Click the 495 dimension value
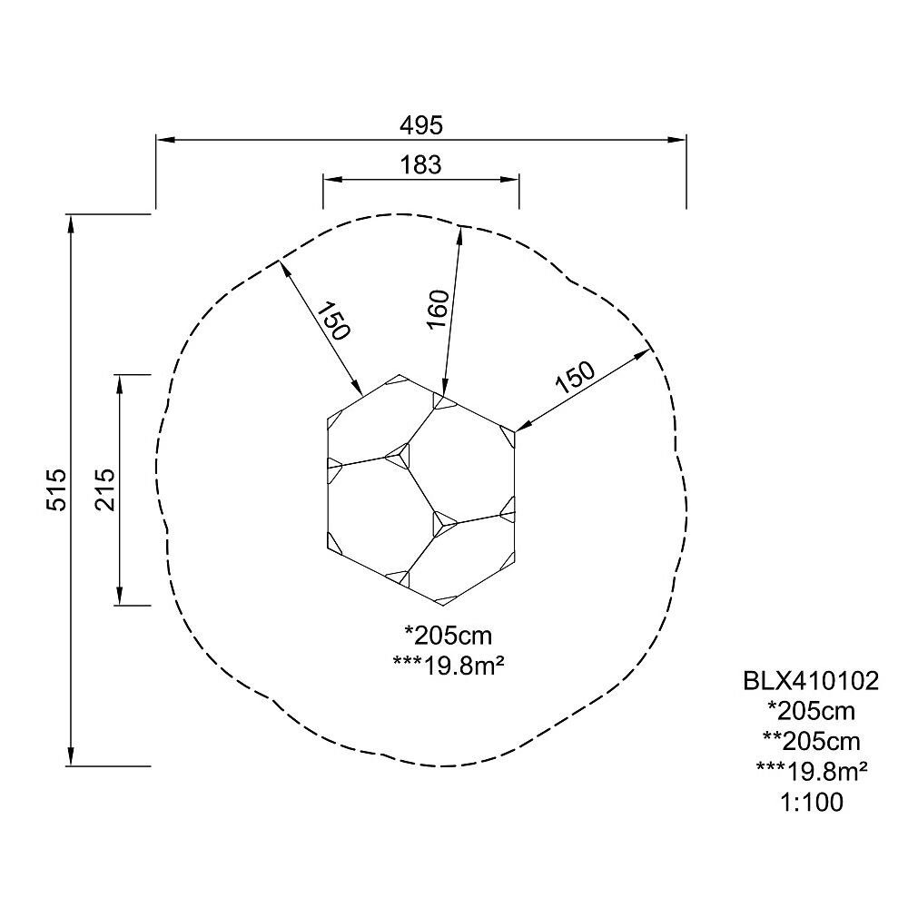pyautogui.click(x=421, y=125)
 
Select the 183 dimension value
pyautogui.click(x=421, y=165)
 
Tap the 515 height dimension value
pyautogui.click(x=56, y=490)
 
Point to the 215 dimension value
pyautogui.click(x=105, y=490)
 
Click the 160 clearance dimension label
pyautogui.click(x=439, y=310)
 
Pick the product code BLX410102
pyautogui.click(x=811, y=681)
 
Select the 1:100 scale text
pyautogui.click(x=812, y=803)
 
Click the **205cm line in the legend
pyautogui.click(x=811, y=742)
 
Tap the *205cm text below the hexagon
pyautogui.click(x=449, y=636)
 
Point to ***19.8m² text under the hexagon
pyautogui.click(x=449, y=666)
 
